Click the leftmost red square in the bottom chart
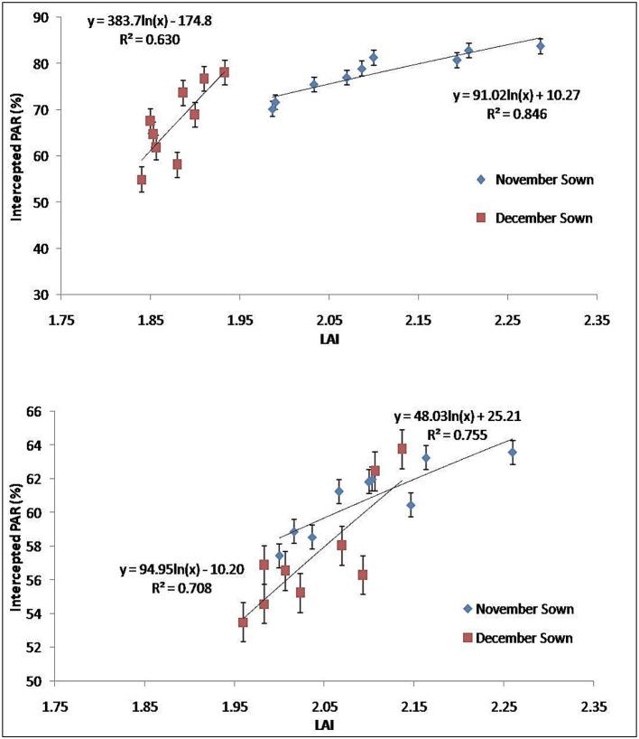[243, 622]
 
